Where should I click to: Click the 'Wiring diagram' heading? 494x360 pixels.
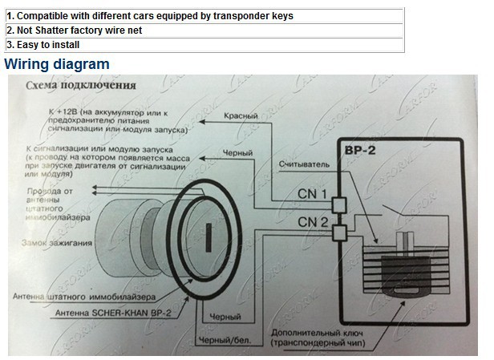57,63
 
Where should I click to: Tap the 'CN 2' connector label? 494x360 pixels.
313,221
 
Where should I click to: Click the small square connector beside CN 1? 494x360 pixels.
338,204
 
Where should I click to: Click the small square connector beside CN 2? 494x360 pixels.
338,233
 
